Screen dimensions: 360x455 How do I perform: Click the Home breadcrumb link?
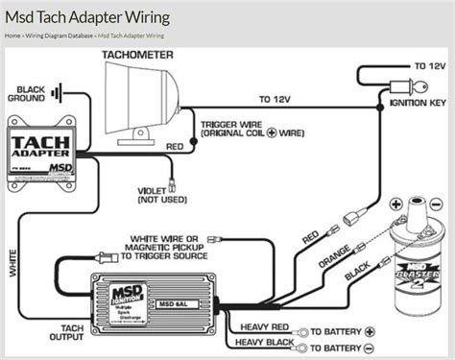pos(12,35)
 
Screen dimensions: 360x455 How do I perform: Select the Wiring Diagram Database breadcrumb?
pos(60,35)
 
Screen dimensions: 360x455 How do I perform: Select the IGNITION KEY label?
pos(416,99)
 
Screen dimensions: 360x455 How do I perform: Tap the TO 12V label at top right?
pos(430,67)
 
